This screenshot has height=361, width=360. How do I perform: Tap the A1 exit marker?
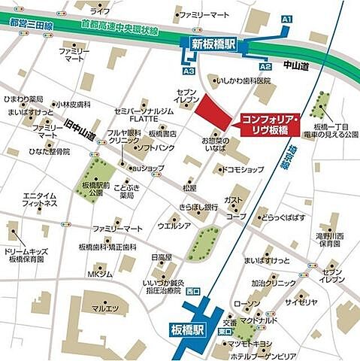[286, 17]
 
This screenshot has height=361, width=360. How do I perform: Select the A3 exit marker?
[189, 71]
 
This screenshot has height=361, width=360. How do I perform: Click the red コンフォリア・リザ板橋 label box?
[270, 125]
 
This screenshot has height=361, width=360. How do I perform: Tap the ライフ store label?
[99, 11]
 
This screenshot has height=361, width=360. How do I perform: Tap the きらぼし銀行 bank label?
[198, 207]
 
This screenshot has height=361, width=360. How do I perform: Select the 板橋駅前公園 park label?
[96, 189]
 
